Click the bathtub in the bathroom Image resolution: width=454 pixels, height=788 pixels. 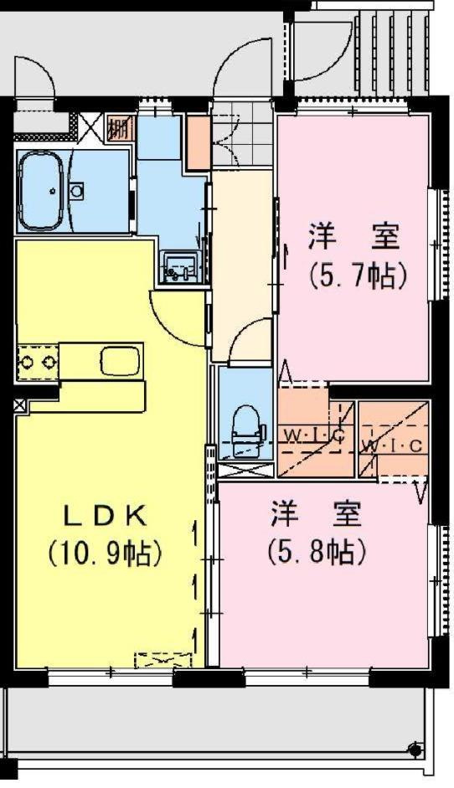click(x=42, y=190)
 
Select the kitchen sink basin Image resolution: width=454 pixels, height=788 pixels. click(x=118, y=360)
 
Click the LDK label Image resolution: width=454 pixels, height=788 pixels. click(x=105, y=517)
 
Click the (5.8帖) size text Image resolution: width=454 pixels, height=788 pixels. click(x=317, y=553)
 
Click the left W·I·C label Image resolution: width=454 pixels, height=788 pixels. click(x=312, y=435)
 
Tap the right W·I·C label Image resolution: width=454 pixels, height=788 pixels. click(x=393, y=446)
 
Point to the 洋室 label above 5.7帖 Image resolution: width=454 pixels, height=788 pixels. click(x=354, y=237)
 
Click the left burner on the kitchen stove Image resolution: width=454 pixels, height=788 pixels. click(x=27, y=361)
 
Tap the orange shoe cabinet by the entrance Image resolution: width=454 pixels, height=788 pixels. click(x=199, y=142)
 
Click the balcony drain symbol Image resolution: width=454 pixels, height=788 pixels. click(x=415, y=750)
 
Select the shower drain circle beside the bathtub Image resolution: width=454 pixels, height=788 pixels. click(x=77, y=190)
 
